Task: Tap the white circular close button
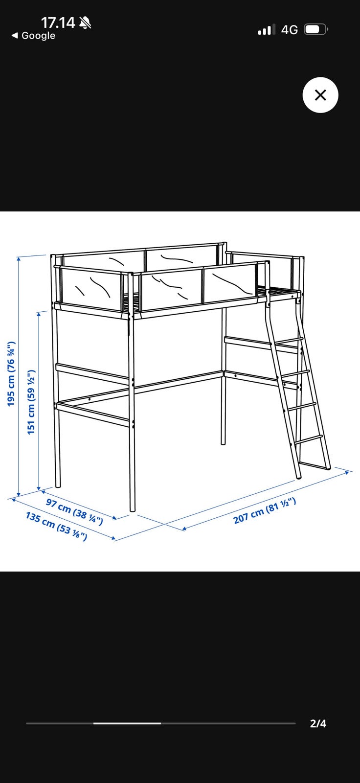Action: (x=320, y=95)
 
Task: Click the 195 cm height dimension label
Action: (x=11, y=374)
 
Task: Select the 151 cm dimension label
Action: (x=31, y=402)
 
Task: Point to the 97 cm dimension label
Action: (x=74, y=512)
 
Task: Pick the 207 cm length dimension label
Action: (x=265, y=510)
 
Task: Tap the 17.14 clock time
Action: (x=58, y=23)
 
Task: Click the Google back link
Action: (x=34, y=35)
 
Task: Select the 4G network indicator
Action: (x=290, y=30)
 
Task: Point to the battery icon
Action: (x=315, y=30)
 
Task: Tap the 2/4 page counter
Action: (x=318, y=723)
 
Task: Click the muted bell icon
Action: (x=85, y=23)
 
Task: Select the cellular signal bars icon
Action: (x=267, y=30)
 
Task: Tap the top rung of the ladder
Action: (x=287, y=341)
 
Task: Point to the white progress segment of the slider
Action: (x=127, y=723)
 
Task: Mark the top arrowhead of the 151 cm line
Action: (x=39, y=314)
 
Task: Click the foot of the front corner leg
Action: (x=133, y=510)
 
